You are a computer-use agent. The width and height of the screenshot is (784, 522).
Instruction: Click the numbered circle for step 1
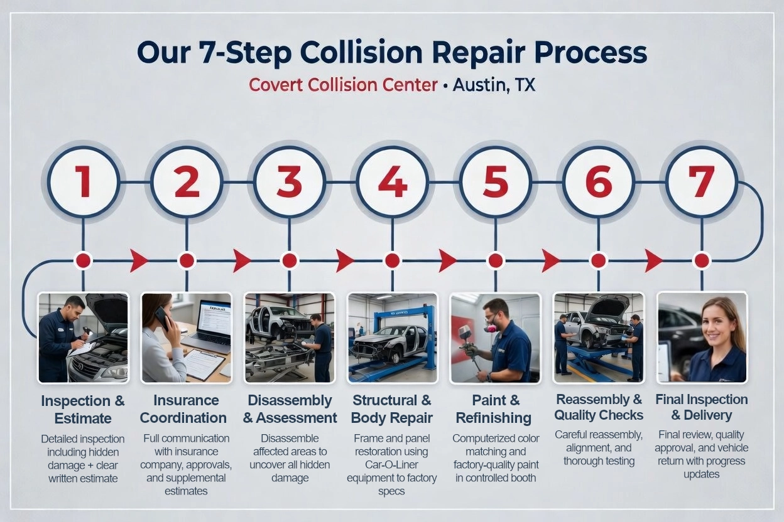(x=83, y=181)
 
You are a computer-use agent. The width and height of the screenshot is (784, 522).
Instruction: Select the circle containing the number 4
(x=392, y=181)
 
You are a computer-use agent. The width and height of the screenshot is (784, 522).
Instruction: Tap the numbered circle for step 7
(x=701, y=181)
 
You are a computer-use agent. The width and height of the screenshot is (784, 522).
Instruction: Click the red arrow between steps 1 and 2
(x=138, y=260)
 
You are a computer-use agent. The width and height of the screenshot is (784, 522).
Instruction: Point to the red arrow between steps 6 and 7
(x=653, y=260)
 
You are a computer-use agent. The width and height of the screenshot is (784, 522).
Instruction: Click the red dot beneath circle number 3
(x=289, y=260)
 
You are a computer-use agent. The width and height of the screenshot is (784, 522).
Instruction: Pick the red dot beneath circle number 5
(x=495, y=260)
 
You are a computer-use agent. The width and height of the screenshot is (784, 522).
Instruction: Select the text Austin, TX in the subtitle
(x=494, y=85)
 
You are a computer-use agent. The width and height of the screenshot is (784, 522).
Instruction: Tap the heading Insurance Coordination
(x=183, y=409)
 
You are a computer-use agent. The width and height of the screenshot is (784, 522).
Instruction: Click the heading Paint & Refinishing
(x=494, y=409)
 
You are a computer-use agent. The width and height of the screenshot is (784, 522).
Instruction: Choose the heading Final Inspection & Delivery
(x=701, y=407)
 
